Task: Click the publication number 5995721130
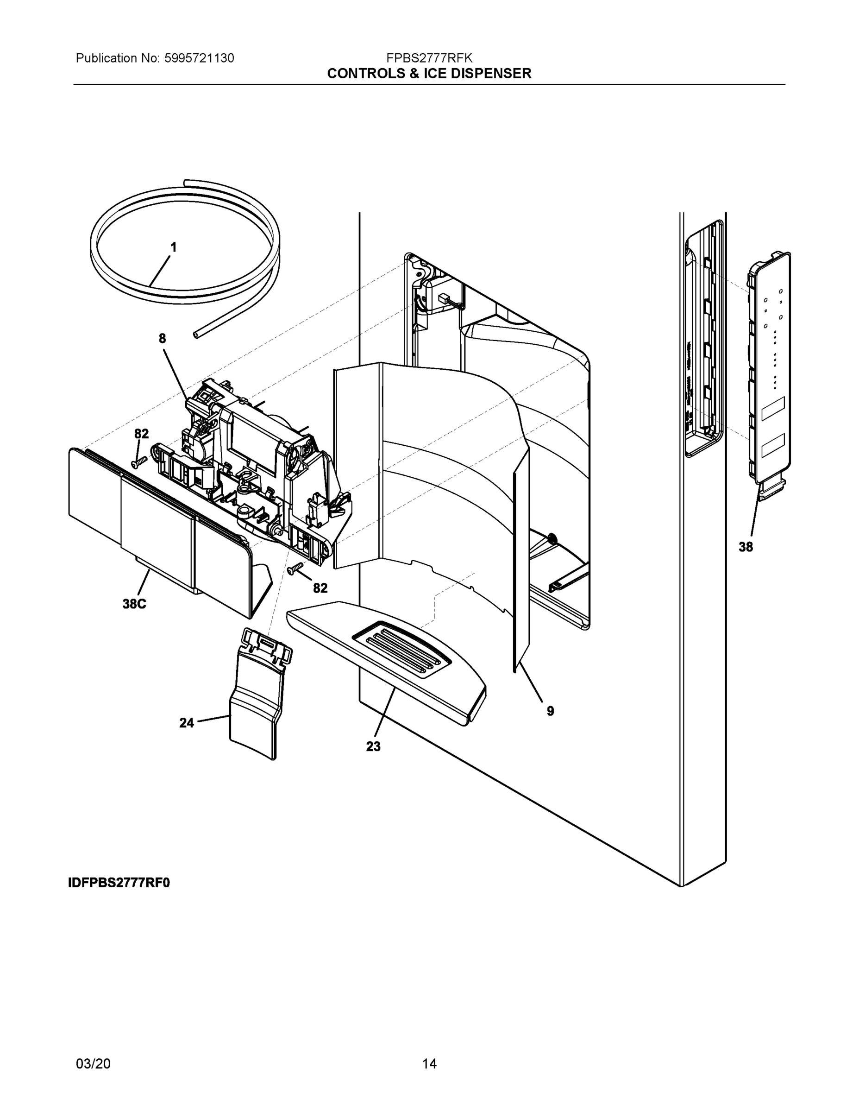[x=199, y=58]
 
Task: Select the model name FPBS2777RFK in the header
[x=429, y=58]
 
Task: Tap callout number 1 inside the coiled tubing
[x=174, y=247]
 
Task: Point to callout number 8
[x=163, y=339]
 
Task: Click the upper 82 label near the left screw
[x=142, y=434]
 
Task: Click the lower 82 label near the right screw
[x=320, y=588]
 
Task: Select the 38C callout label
[x=134, y=604]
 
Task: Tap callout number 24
[x=187, y=722]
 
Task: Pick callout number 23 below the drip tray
[x=373, y=746]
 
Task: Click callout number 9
[x=551, y=711]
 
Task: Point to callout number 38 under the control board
[x=746, y=547]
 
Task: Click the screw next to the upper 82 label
[x=138, y=462]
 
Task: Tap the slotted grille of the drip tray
[x=402, y=649]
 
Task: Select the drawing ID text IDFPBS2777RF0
[x=119, y=882]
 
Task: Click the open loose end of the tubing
[x=196, y=335]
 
